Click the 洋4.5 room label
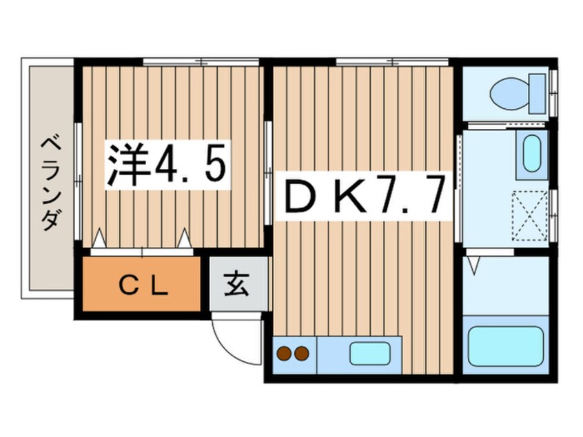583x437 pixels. [x=167, y=165]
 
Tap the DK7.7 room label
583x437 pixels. [x=364, y=195]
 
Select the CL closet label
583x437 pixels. [x=143, y=286]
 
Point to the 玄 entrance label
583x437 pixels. [x=237, y=284]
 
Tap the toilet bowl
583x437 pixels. [x=510, y=94]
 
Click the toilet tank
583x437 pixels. [x=538, y=94]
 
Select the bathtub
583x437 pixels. [x=506, y=346]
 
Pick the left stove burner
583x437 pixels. [x=285, y=354]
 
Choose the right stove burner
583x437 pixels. [x=302, y=354]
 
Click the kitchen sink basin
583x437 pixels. [x=370, y=354]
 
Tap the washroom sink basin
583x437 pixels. [x=532, y=154]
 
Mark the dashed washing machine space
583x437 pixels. [x=529, y=215]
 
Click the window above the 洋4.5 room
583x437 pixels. [x=201, y=62]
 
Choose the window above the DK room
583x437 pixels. [x=392, y=62]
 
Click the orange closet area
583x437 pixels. [x=142, y=284]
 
